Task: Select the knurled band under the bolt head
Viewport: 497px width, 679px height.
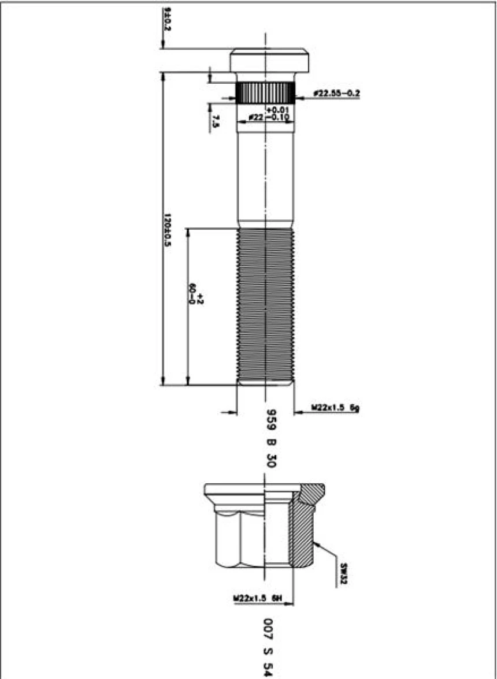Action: click(266, 93)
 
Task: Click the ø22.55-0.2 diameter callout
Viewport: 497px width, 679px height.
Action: click(337, 93)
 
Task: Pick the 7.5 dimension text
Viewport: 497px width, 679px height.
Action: click(216, 121)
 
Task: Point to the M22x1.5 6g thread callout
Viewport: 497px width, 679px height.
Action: click(336, 408)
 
